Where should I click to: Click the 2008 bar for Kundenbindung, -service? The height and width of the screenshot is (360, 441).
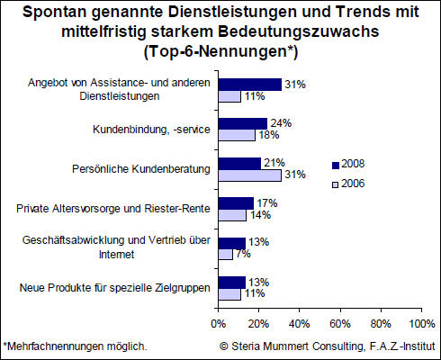[243, 123]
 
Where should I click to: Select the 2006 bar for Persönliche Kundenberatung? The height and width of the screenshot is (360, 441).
[250, 175]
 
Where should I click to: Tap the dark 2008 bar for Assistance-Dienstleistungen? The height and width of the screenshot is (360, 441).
[250, 85]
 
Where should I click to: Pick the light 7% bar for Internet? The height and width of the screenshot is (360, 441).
[225, 255]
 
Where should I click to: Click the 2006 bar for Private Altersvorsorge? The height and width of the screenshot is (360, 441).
[232, 215]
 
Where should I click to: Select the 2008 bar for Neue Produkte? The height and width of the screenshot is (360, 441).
[232, 283]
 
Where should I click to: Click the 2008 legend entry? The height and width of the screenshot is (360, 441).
[348, 164]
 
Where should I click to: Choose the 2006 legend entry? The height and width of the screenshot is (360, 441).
[348, 184]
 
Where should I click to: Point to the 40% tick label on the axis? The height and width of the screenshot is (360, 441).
[300, 324]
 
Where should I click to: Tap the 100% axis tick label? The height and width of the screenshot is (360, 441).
[422, 324]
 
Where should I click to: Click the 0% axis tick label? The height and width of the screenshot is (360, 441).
[219, 324]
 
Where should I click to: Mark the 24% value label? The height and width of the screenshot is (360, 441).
[281, 123]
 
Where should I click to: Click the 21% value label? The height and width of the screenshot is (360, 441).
[274, 163]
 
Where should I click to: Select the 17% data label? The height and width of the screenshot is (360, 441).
[267, 203]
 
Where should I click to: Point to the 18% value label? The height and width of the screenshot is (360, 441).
[269, 135]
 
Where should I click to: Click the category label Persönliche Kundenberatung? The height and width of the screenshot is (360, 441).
[141, 169]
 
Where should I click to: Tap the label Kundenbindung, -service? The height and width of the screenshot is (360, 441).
[151, 130]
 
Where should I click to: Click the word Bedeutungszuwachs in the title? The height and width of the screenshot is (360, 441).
[299, 31]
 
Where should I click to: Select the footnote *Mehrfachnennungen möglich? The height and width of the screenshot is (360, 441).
[75, 346]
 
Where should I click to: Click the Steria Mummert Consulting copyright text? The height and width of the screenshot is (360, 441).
[328, 346]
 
